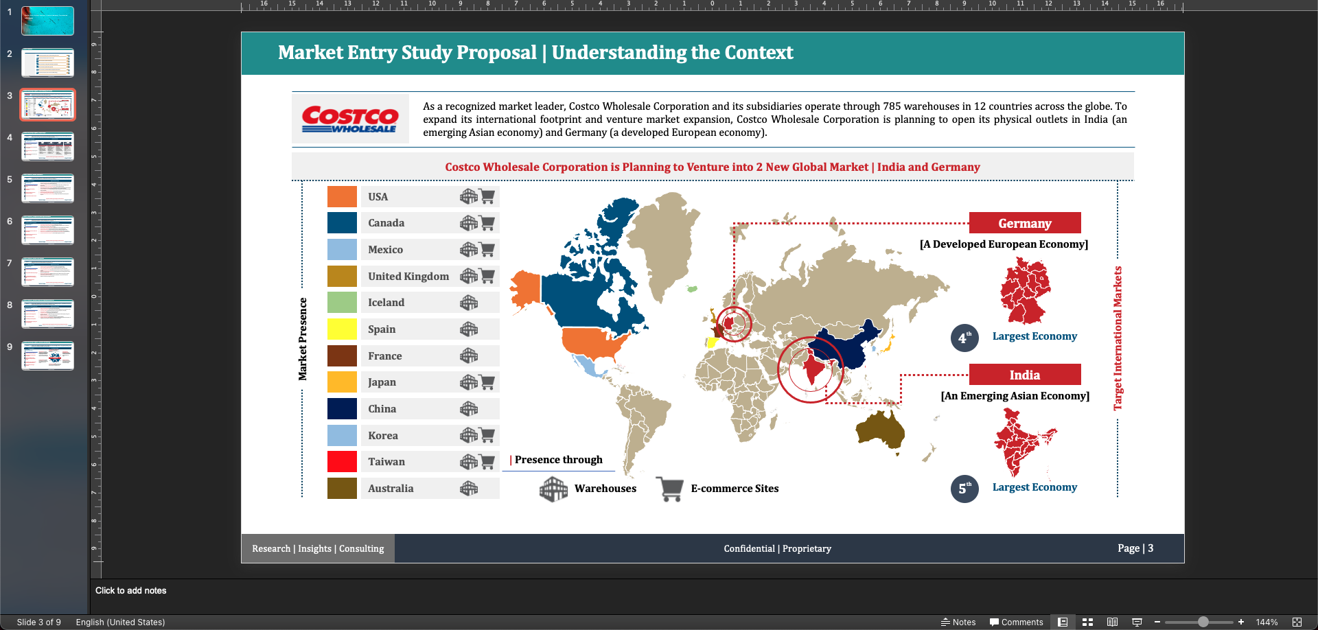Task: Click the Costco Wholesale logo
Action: click(350, 119)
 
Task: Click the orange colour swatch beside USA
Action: click(342, 196)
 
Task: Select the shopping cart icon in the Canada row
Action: click(487, 223)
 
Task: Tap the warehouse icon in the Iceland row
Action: click(469, 303)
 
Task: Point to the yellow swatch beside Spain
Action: click(342, 329)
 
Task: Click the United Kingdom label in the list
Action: click(408, 277)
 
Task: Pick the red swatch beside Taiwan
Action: click(342, 462)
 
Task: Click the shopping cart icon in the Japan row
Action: click(487, 382)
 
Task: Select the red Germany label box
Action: click(1024, 223)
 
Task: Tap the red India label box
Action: click(1024, 375)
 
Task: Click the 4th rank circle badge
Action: click(964, 338)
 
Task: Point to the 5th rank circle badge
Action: click(964, 489)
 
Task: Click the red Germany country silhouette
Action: click(1025, 291)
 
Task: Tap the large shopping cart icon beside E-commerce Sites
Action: click(669, 489)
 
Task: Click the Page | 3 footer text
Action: click(1135, 548)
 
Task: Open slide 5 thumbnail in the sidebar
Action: click(47, 188)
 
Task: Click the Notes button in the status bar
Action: click(958, 622)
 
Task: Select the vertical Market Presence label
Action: click(303, 339)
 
